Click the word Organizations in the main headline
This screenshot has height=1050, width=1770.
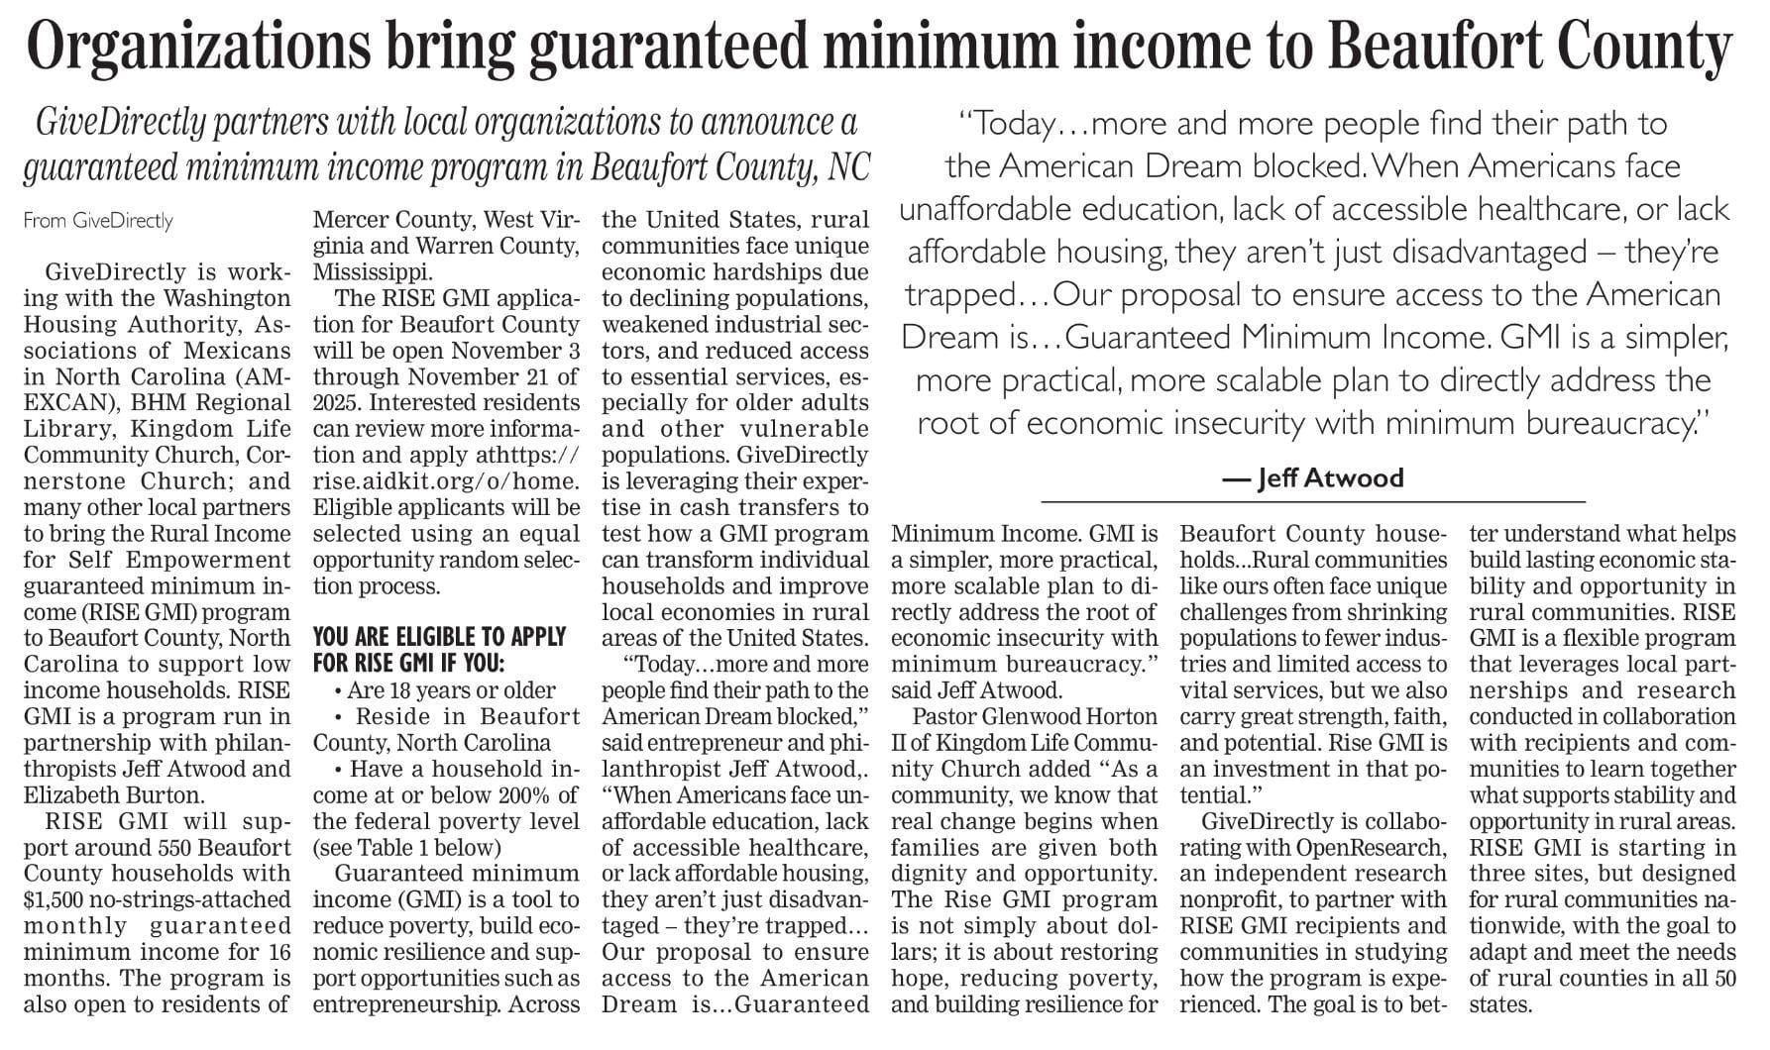(x=198, y=48)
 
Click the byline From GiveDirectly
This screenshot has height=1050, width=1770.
(x=98, y=221)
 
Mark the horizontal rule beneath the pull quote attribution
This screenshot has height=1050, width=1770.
(x=1313, y=503)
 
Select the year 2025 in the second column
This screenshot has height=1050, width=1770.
(x=337, y=403)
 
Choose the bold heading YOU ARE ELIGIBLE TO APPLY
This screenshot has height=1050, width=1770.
(x=439, y=637)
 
